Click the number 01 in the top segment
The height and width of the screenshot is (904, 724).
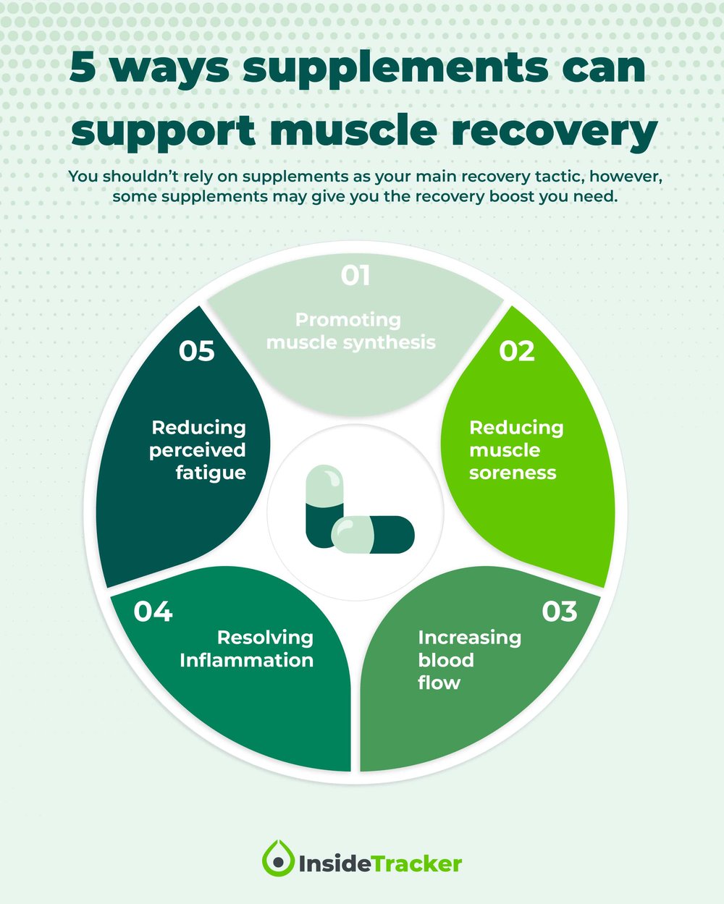coord(355,276)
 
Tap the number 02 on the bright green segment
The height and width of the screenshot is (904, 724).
coord(517,351)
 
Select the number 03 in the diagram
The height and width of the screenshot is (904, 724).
coord(559,612)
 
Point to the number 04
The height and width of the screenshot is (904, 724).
coord(153,612)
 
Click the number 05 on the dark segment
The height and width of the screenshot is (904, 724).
coord(197,351)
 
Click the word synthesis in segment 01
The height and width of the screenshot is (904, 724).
coord(393,342)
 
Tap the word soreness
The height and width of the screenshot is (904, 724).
coord(513,473)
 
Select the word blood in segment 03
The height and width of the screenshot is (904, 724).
coord(446,660)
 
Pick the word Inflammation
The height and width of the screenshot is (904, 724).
coord(246,660)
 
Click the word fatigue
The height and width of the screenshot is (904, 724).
coord(211,473)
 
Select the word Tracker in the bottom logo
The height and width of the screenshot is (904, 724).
coord(416,863)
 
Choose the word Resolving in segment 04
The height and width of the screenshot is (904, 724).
coord(265,638)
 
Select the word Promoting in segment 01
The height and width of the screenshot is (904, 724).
coord(348,320)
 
